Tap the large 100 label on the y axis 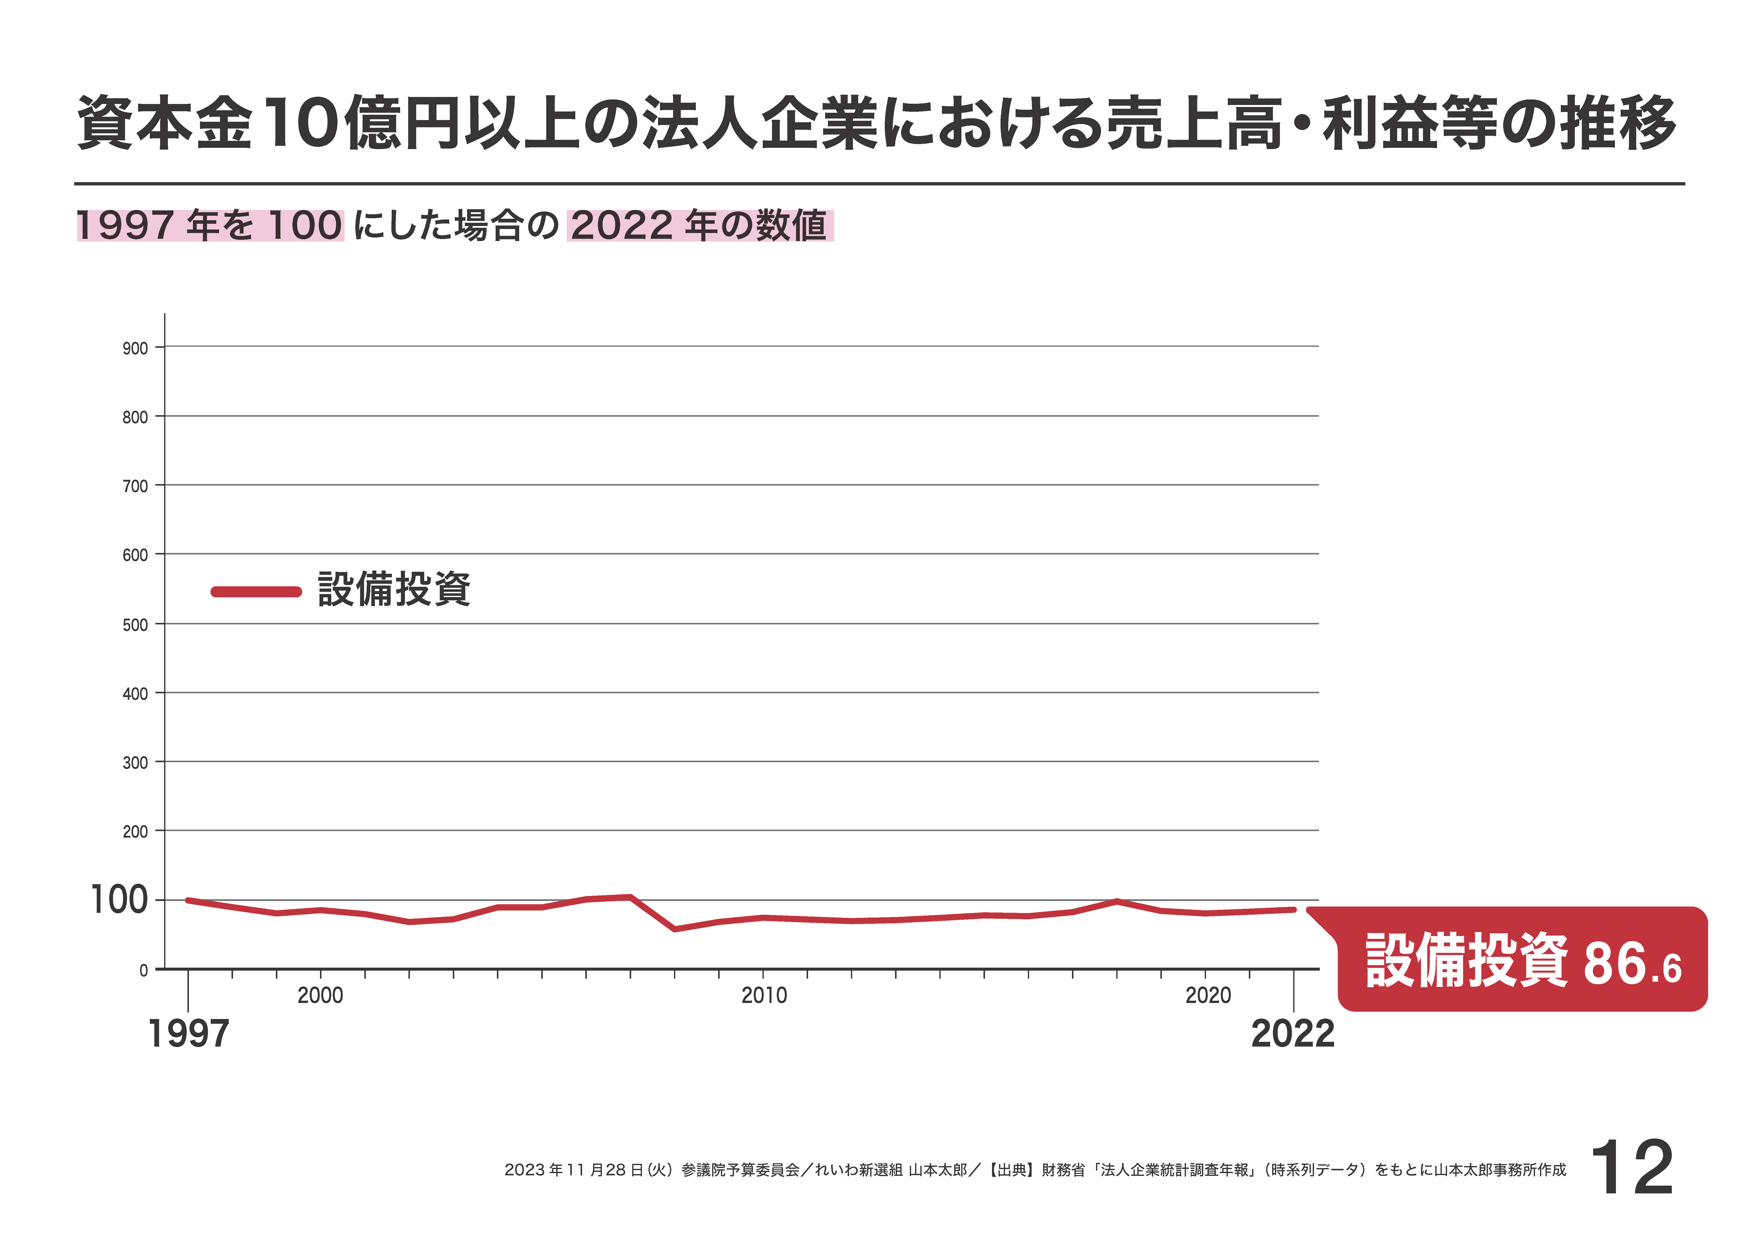[x=119, y=900]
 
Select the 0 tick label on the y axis [x=143, y=970]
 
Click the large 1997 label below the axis [x=188, y=1034]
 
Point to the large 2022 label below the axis [x=1292, y=1034]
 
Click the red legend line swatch [x=256, y=591]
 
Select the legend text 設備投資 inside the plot [x=394, y=589]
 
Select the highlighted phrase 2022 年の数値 [x=699, y=226]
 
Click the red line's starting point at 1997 [x=188, y=900]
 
